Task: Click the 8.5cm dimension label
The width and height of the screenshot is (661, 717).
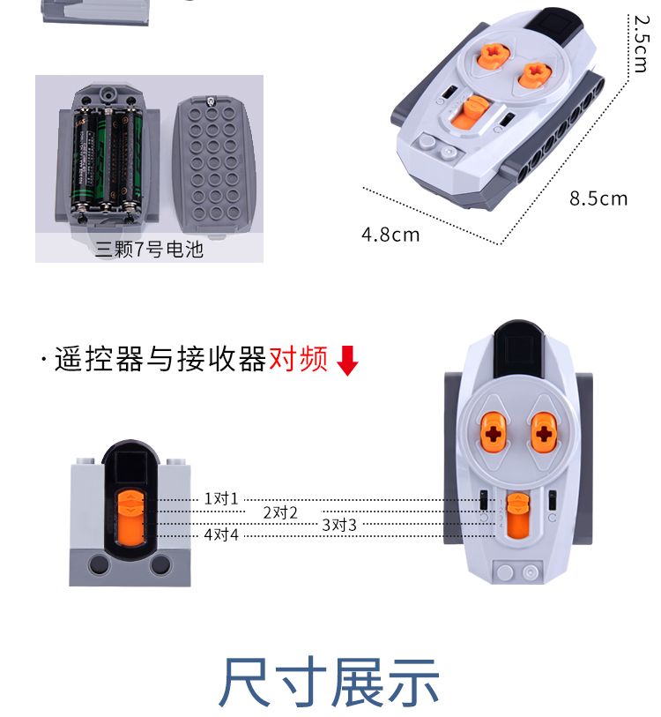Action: [x=598, y=199]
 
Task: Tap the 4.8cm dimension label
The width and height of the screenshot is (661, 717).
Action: [x=390, y=235]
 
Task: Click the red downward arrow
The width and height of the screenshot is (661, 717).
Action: [x=347, y=361]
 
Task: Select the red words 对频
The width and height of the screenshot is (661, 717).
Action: [x=299, y=358]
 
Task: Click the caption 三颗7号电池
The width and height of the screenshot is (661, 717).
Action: [x=149, y=250]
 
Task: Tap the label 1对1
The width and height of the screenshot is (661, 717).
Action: [x=221, y=498]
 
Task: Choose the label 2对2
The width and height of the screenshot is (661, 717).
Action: [x=280, y=512]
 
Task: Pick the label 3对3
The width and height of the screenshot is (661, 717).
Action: [x=339, y=525]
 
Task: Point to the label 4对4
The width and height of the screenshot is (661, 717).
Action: [x=221, y=534]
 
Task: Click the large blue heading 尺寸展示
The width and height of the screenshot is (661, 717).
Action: [x=329, y=682]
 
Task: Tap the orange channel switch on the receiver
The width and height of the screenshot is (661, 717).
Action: [x=130, y=517]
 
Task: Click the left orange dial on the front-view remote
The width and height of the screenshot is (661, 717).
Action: [x=493, y=432]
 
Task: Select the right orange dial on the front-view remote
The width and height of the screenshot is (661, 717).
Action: [x=543, y=432]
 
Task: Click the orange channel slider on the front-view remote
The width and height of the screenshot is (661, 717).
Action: [x=518, y=515]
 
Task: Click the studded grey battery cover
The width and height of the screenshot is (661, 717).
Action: [x=213, y=166]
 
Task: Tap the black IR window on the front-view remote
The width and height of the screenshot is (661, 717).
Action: [x=518, y=350]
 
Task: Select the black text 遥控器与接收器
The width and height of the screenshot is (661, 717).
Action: [x=160, y=358]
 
